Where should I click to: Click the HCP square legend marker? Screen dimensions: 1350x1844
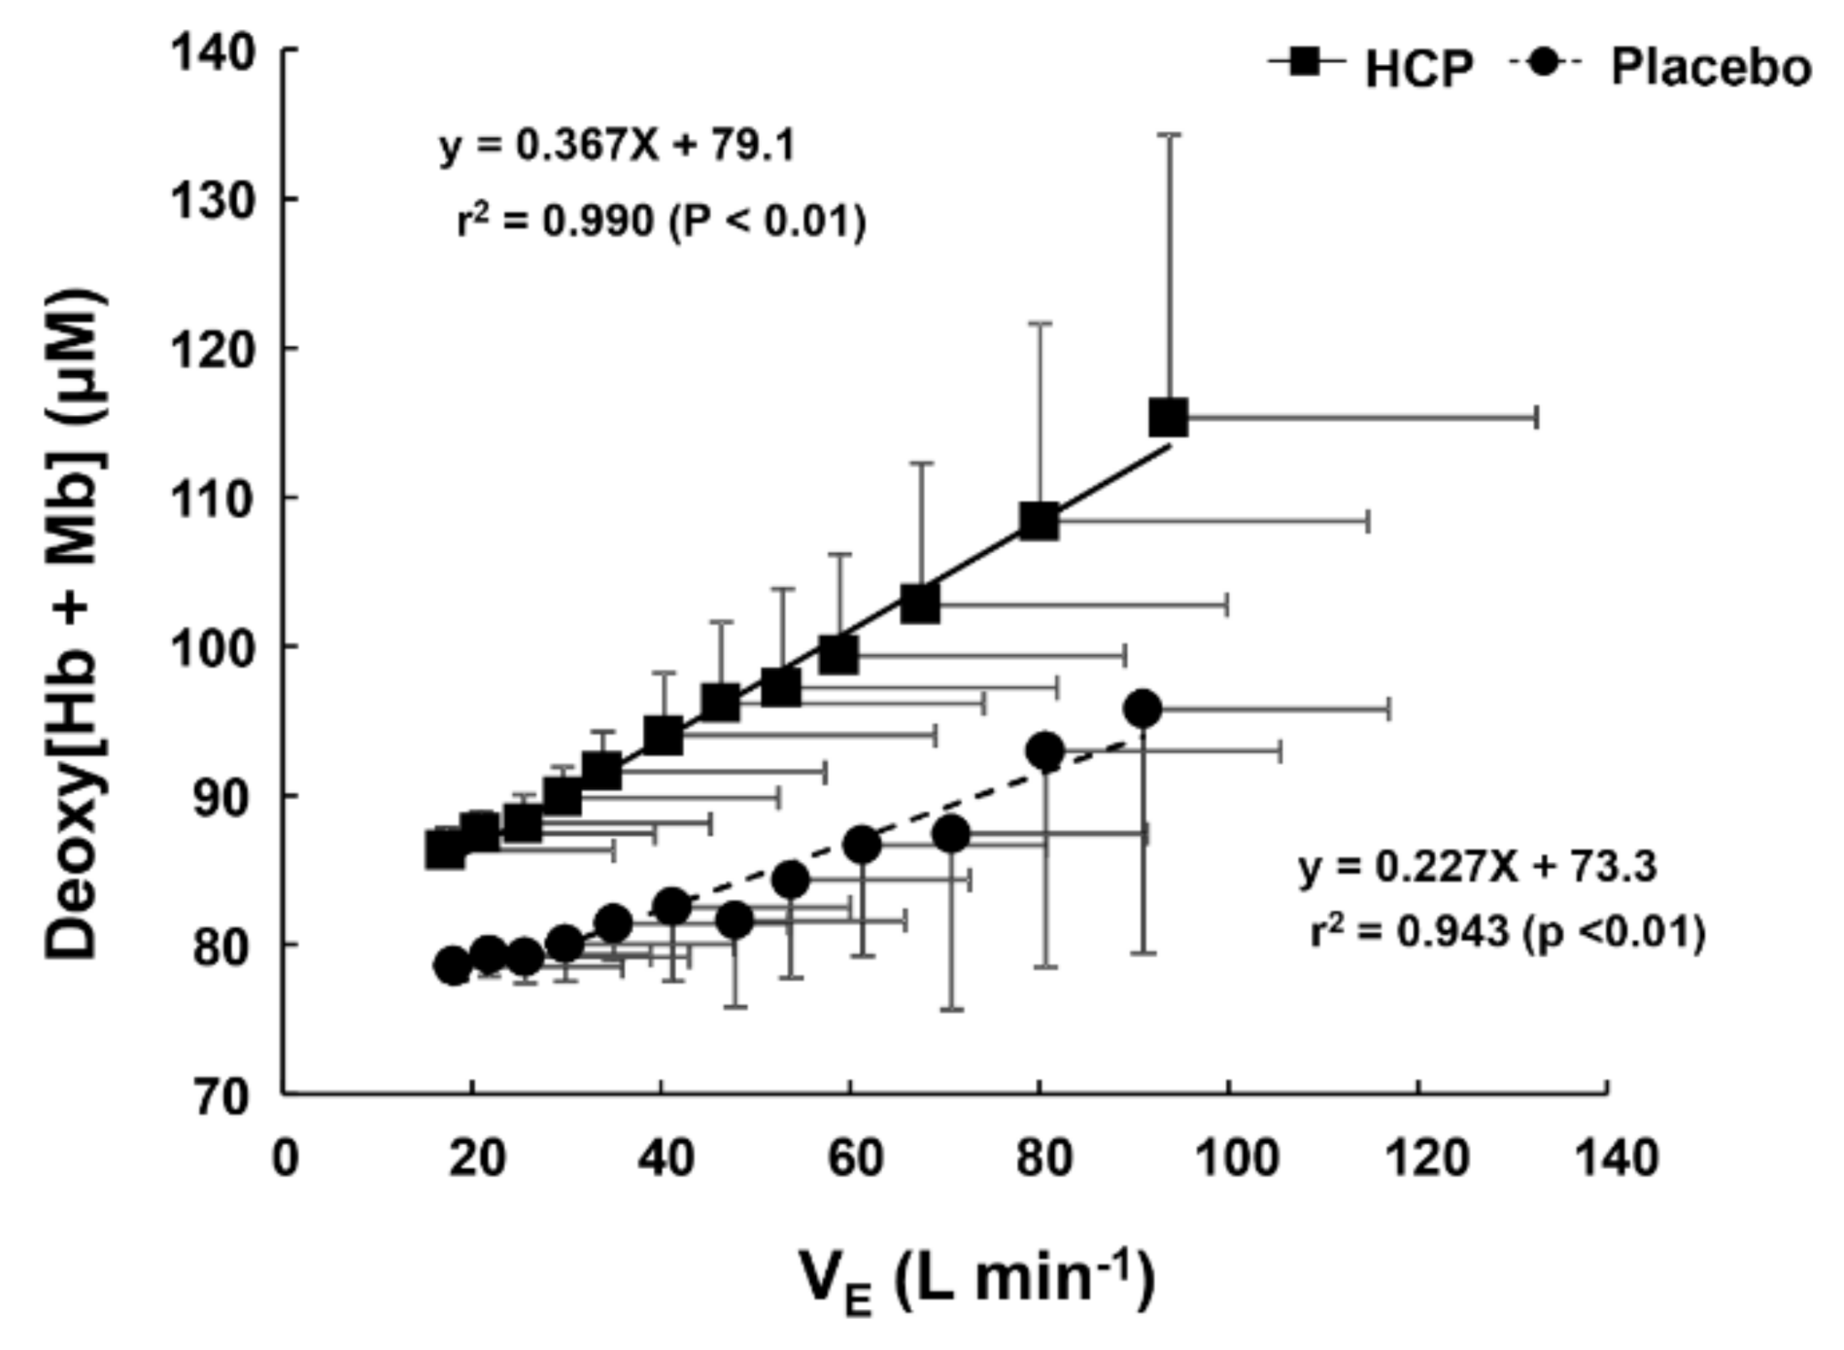[1306, 63]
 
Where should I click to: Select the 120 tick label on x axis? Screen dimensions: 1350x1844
[1417, 1159]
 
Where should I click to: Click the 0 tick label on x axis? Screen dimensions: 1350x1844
[285, 1159]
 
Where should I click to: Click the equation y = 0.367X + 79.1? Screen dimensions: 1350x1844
[617, 146]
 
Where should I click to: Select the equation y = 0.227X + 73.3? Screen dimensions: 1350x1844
[1478, 865]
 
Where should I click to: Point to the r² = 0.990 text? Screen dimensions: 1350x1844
[661, 222]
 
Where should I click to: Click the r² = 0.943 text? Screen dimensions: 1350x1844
[1507, 931]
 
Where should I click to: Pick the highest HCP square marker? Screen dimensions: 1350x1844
[1169, 418]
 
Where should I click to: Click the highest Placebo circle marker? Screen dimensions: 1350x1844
[1144, 710]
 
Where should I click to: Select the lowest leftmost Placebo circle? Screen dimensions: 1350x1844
[453, 965]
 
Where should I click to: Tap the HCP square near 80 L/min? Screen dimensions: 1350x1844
[1040, 521]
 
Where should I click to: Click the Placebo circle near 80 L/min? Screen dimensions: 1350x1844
[1045, 751]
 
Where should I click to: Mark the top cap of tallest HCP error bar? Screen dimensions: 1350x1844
[1170, 135]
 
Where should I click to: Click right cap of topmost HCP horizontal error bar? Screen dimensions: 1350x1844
[1536, 418]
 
